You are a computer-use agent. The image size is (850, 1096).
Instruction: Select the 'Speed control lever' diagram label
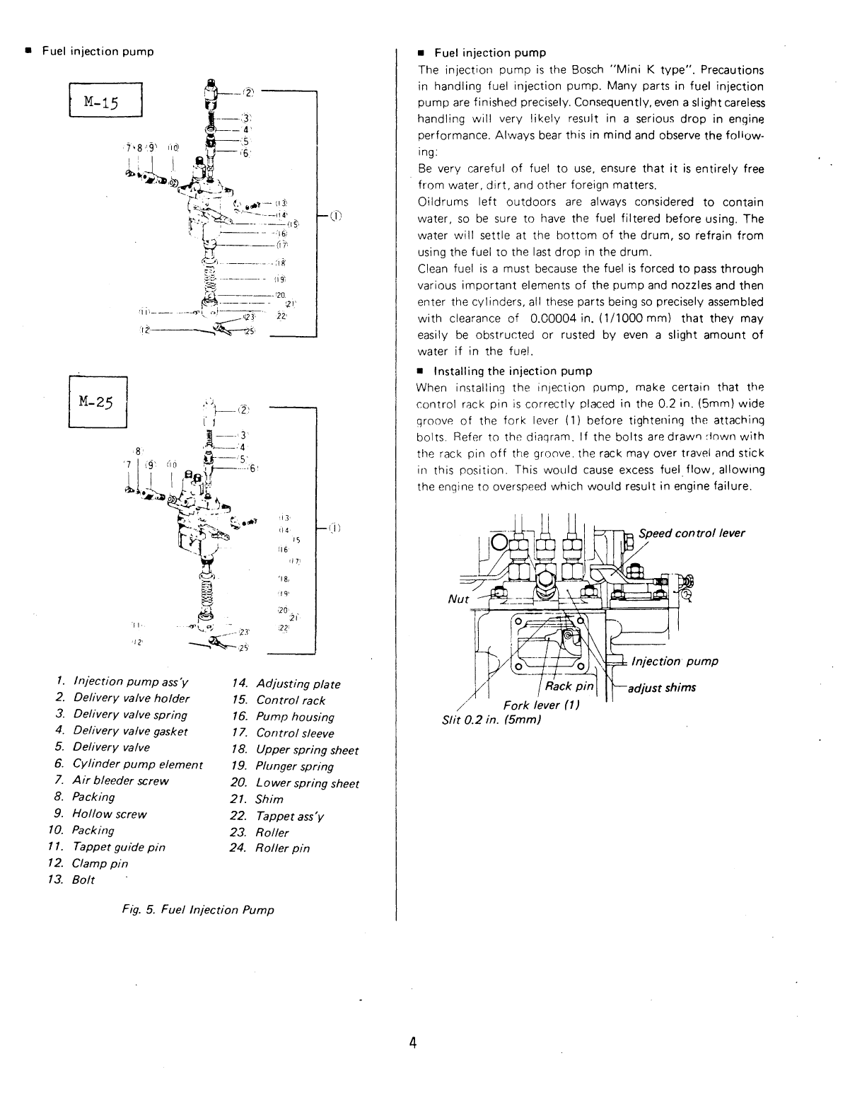(x=691, y=533)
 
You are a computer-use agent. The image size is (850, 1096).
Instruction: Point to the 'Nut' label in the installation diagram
(x=458, y=599)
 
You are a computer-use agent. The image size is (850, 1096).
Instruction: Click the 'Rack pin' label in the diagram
(x=569, y=686)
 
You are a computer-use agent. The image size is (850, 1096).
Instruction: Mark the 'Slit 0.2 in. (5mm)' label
(x=491, y=720)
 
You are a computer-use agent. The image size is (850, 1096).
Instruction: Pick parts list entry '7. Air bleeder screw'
(x=112, y=780)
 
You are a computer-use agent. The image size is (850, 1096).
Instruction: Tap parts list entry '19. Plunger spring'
(x=282, y=766)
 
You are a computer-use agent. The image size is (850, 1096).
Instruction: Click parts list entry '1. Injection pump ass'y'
(x=122, y=681)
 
